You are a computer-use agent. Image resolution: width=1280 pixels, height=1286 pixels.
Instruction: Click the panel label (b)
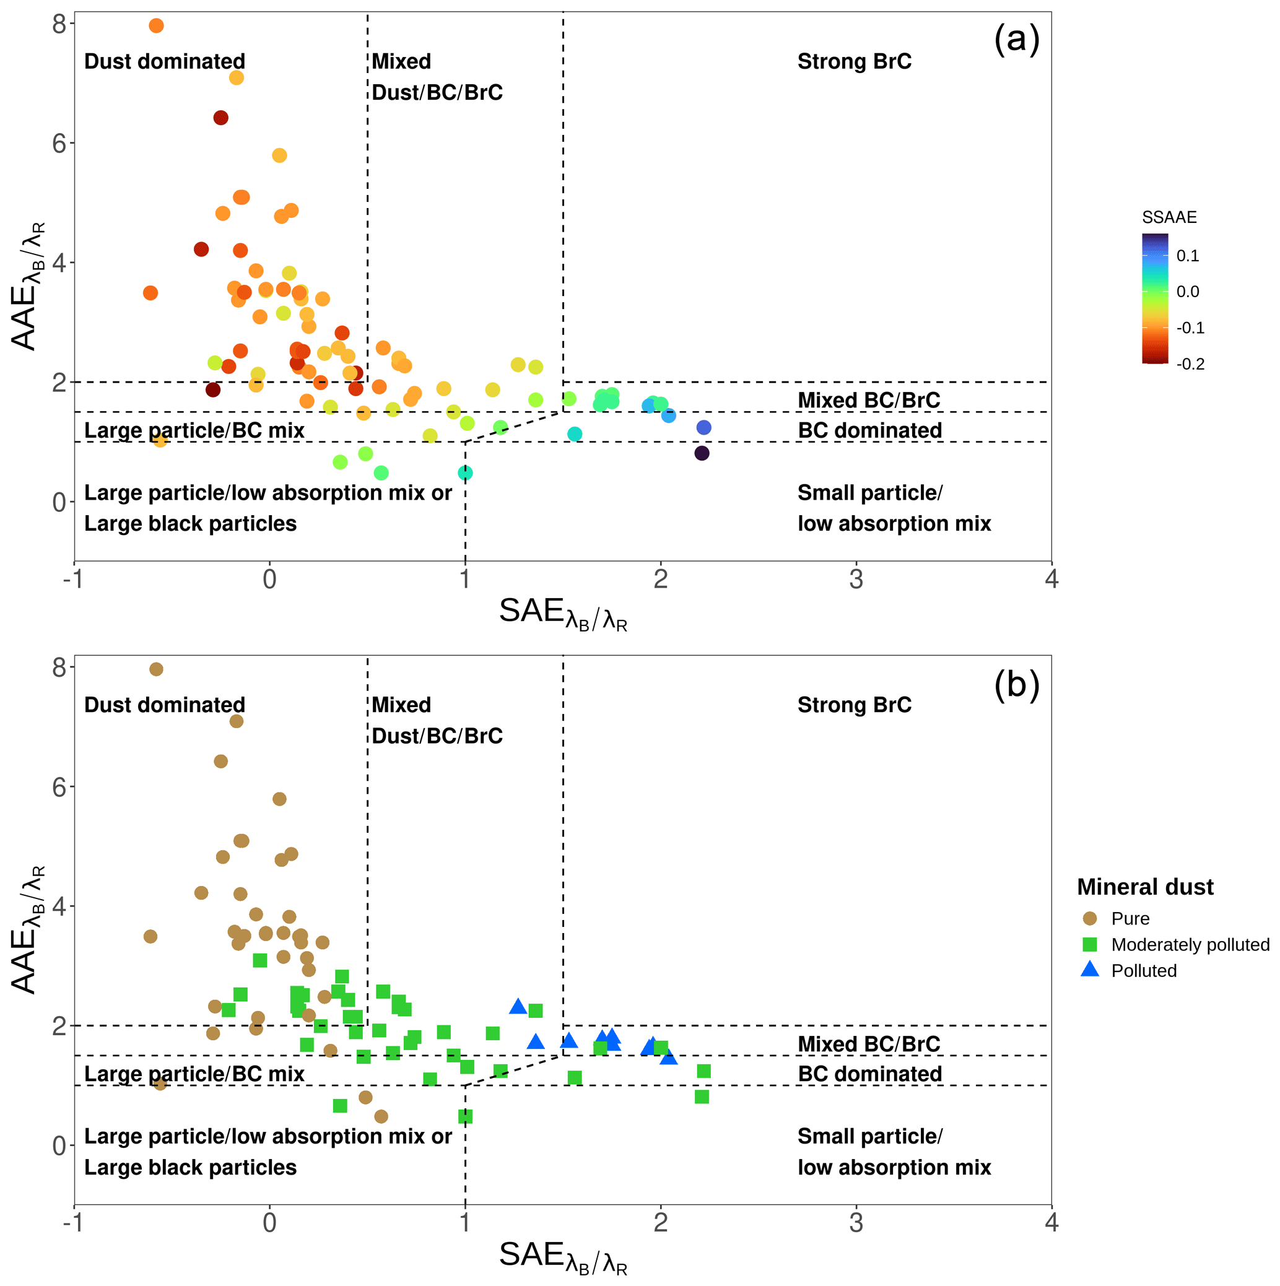coord(1016,684)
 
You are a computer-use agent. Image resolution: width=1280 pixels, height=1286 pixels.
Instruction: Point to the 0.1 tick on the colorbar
coord(1188,256)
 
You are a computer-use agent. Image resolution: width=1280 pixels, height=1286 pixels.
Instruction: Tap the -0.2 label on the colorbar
coord(1190,364)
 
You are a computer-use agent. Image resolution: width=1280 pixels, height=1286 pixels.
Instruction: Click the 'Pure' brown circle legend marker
coord(1090,919)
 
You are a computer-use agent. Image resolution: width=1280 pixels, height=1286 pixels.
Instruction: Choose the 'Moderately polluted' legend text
coord(1190,944)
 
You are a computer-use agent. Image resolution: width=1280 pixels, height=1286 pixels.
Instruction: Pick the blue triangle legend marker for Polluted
coord(1090,970)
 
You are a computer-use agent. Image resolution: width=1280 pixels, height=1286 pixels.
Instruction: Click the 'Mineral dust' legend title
coord(1145,887)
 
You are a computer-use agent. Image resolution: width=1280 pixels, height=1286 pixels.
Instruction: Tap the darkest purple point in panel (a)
coord(702,453)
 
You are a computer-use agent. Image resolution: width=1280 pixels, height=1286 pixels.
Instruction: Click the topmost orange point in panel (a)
coord(157,26)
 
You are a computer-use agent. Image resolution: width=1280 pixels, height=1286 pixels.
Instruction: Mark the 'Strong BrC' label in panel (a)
coord(854,61)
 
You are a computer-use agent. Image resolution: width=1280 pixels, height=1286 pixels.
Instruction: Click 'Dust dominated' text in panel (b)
coord(164,705)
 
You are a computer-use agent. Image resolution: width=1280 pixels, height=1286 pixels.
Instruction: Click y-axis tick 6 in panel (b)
coord(59,787)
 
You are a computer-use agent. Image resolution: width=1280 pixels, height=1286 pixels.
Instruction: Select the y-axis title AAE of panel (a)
coord(27,286)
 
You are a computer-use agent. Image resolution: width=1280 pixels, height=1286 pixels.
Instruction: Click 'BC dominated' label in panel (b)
coord(869,1074)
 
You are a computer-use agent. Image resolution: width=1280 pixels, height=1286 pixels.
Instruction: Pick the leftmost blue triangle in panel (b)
coord(518,1006)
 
